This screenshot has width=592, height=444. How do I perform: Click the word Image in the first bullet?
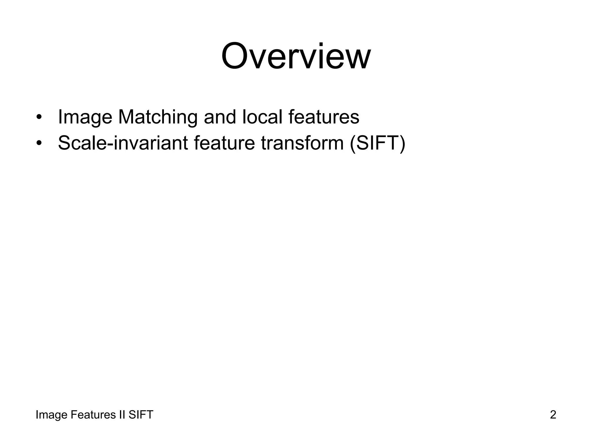coord(85,117)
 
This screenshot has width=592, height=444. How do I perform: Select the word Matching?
coord(158,117)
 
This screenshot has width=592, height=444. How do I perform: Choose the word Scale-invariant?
coord(123,143)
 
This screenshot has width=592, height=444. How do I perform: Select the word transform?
coord(302,143)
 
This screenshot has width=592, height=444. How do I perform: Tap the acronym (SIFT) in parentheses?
coord(378,143)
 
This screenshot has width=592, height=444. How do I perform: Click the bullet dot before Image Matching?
coord(39,118)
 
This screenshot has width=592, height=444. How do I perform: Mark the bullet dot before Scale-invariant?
coord(39,143)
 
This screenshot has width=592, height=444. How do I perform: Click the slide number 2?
coord(553,415)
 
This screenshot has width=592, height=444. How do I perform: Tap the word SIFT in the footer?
coord(141,415)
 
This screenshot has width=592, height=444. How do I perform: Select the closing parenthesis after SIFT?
coord(402,143)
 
